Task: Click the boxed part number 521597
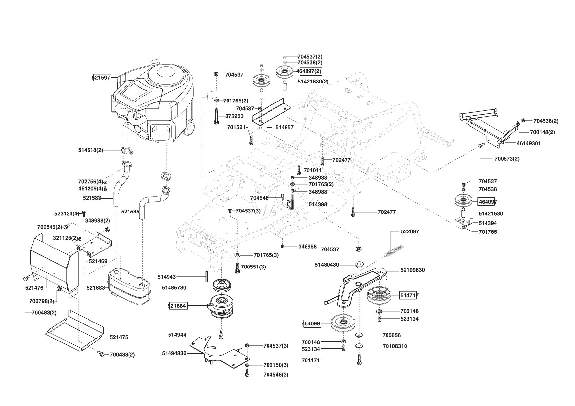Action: (102, 78)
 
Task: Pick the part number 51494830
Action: (174, 353)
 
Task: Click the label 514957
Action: (284, 127)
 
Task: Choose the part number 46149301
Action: (529, 143)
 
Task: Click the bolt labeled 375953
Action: (216, 116)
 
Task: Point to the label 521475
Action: (119, 337)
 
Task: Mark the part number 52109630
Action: (412, 270)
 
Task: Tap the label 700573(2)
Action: (507, 159)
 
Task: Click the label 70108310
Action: (395, 346)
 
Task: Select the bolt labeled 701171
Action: (359, 360)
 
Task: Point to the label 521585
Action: (130, 212)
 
